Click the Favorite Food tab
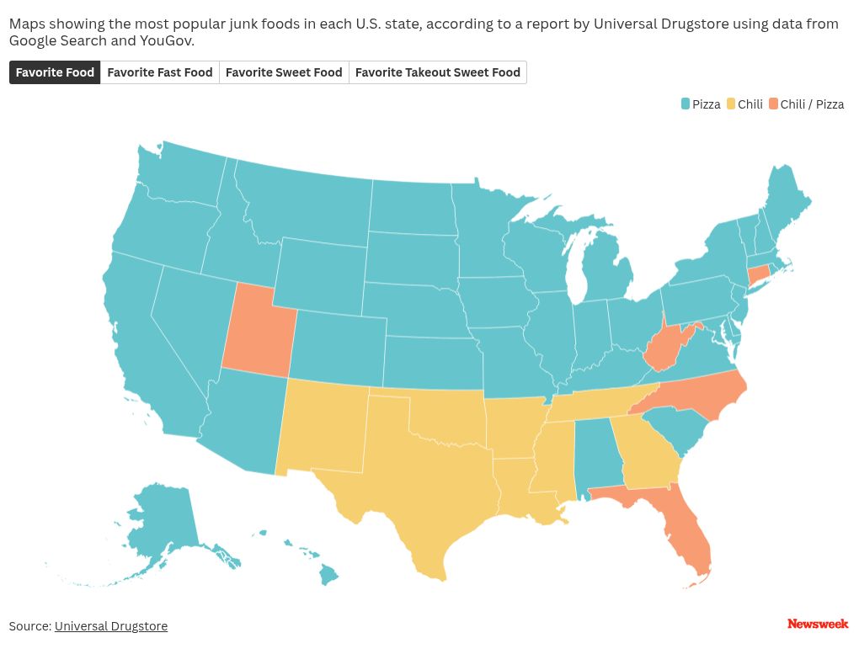(x=55, y=72)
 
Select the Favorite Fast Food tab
(x=160, y=72)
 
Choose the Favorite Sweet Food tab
(x=284, y=72)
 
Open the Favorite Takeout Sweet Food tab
(x=438, y=72)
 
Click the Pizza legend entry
(x=701, y=104)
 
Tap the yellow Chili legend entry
(x=744, y=104)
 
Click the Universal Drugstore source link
(x=111, y=626)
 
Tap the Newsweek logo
(x=818, y=624)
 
